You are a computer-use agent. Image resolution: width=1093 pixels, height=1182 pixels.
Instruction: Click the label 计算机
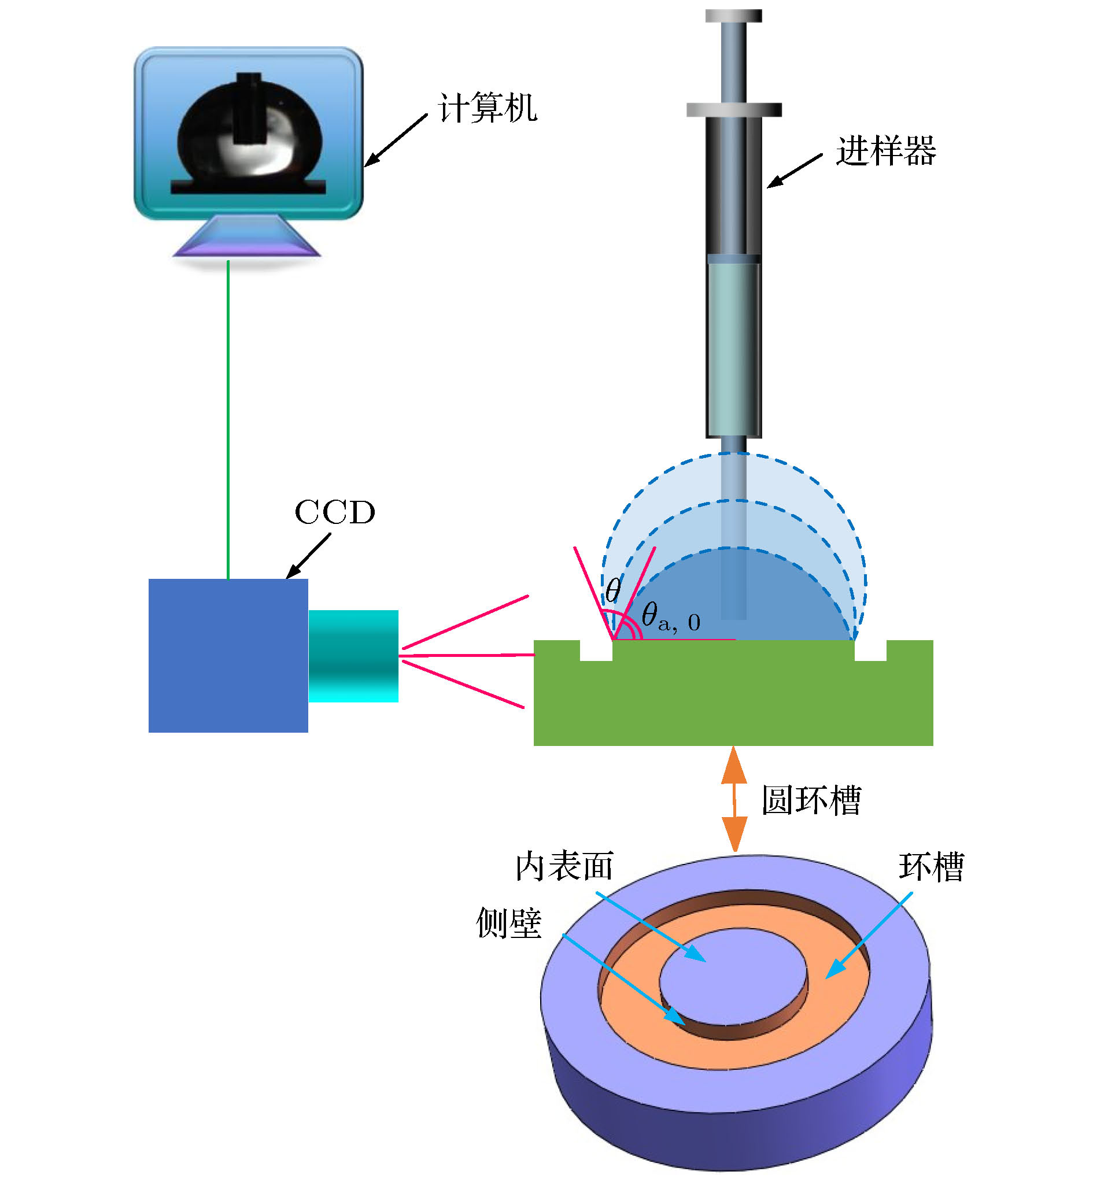(488, 108)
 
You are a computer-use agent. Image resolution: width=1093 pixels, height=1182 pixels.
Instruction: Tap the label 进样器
(885, 152)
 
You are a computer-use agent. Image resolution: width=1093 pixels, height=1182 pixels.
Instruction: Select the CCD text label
(335, 512)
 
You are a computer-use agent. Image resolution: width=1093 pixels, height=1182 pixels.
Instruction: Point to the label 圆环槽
(811, 800)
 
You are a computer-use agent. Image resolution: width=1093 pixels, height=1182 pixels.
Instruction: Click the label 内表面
(564, 867)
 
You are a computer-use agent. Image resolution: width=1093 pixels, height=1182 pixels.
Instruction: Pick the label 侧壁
(509, 923)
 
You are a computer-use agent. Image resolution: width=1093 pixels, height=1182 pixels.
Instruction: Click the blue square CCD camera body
(228, 655)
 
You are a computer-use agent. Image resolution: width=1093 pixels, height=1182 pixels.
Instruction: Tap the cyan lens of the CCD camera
(353, 656)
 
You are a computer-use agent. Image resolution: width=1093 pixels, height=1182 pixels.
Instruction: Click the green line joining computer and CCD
(228, 420)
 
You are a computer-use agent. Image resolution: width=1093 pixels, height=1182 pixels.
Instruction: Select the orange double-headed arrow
(734, 799)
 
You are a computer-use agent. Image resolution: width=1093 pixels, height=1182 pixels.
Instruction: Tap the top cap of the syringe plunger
(733, 16)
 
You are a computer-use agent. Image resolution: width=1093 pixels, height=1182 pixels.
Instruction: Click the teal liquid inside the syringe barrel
(733, 349)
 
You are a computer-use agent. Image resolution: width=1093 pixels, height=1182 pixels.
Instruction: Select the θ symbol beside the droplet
(613, 590)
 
